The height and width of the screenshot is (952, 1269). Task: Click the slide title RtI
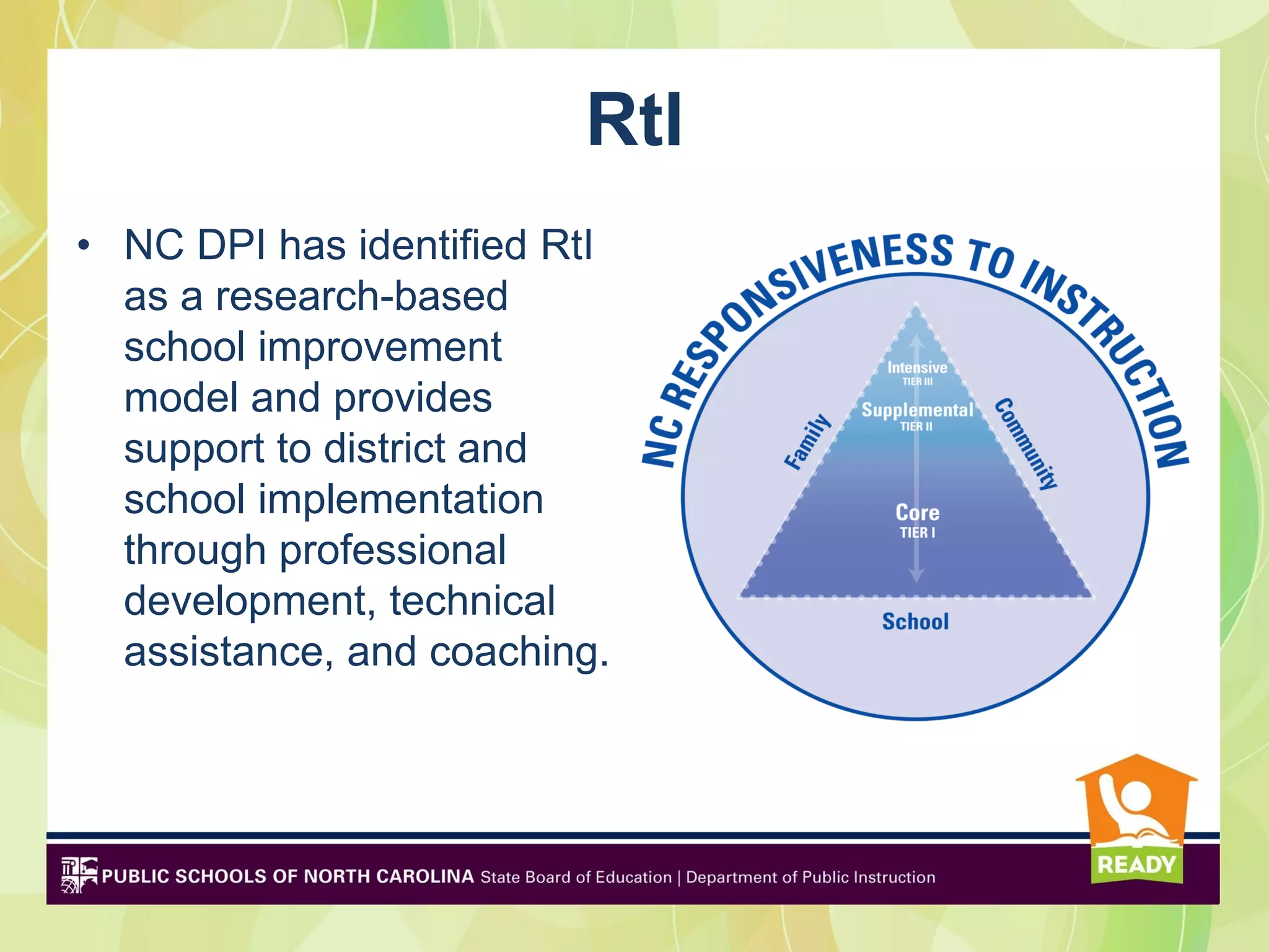click(634, 120)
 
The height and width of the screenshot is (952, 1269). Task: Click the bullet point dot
click(84, 246)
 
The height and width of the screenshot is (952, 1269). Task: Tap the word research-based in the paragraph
click(361, 296)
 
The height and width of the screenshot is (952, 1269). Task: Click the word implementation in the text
click(400, 500)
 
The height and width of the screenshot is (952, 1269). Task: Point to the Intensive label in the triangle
click(917, 368)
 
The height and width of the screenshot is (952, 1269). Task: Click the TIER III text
click(917, 382)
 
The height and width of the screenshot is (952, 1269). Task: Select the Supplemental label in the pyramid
click(917, 410)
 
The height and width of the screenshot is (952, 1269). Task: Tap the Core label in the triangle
click(918, 513)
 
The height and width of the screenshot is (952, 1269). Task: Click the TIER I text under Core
click(918, 532)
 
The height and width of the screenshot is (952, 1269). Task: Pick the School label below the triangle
click(915, 621)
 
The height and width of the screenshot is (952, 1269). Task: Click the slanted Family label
click(807, 441)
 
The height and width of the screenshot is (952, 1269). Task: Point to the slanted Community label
click(1026, 444)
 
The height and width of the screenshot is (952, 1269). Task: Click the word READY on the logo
click(1136, 864)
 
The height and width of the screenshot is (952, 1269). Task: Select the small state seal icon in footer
click(79, 875)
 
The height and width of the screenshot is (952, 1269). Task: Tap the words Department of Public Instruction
click(810, 877)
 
